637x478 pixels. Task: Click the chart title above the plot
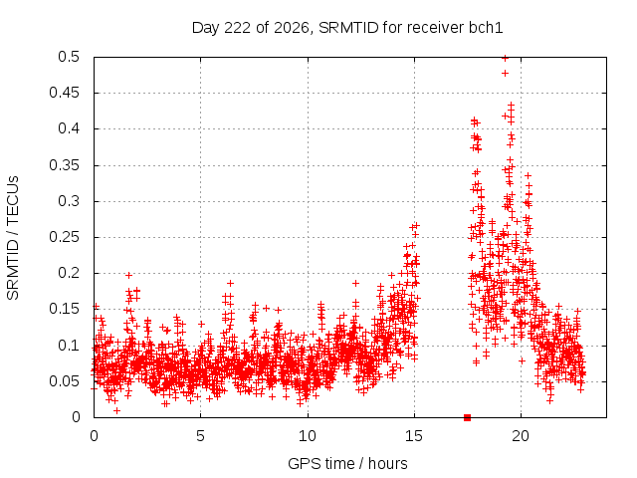347,28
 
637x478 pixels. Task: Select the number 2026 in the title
292,28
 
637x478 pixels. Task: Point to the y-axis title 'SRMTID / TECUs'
13,238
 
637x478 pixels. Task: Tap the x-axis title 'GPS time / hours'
347,463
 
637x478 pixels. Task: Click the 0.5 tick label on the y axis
69,57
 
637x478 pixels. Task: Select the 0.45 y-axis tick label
64,93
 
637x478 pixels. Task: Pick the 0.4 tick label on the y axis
69,128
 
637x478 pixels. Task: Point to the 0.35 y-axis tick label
64,165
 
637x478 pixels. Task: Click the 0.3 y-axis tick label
69,201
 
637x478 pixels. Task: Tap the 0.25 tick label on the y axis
64,237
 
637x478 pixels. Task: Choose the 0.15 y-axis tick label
64,309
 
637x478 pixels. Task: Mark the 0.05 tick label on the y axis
64,380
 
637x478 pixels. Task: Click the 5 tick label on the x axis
200,436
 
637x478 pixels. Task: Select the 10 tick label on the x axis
308,436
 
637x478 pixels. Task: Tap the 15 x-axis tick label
414,436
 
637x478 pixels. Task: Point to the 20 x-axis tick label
521,436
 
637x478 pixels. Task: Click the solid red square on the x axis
467,417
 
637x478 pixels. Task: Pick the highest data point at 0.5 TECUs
505,58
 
